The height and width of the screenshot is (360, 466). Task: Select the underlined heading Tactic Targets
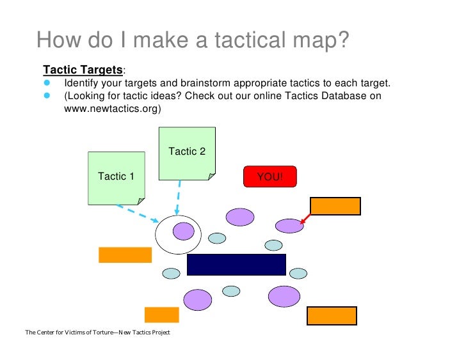83,69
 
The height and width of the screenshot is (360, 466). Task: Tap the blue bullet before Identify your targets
47,83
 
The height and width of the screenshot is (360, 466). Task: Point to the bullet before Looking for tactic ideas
47,96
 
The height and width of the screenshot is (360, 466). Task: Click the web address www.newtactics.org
112,109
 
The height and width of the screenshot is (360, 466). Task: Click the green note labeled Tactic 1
116,177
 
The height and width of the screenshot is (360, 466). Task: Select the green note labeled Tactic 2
186,152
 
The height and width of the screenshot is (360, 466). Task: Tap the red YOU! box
270,176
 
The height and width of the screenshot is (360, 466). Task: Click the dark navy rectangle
236,264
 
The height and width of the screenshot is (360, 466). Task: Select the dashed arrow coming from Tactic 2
179,195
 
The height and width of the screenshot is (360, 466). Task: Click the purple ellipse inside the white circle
183,230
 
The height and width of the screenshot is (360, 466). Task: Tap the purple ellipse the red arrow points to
289,225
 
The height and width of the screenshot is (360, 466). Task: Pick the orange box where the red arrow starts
335,206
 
